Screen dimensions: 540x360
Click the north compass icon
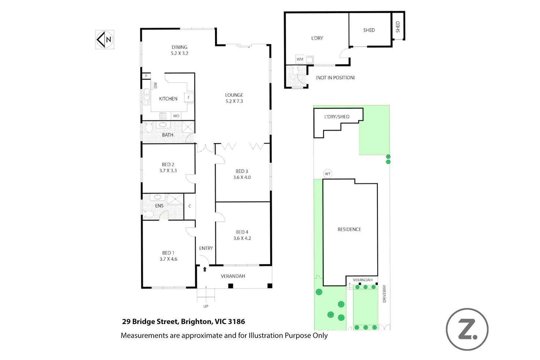[x=105, y=40]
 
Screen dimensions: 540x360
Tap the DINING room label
[x=179, y=47]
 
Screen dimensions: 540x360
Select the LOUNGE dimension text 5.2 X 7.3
[x=234, y=101]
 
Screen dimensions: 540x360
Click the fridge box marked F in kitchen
[x=189, y=97]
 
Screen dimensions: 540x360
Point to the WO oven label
[x=176, y=116]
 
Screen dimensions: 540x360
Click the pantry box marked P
[x=146, y=76]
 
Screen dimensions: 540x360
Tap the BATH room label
[x=168, y=135]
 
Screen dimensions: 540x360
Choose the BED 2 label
[x=168, y=164]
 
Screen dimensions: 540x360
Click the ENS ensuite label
[x=159, y=206]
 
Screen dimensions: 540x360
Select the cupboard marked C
[x=190, y=206]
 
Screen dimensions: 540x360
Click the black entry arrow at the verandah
[x=205, y=269]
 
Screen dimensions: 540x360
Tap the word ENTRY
[x=206, y=248]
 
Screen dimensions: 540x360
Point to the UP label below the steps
[x=206, y=306]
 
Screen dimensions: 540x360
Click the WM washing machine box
[x=300, y=59]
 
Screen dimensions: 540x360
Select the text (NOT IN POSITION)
[x=335, y=78]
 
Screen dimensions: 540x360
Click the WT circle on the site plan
[x=328, y=174]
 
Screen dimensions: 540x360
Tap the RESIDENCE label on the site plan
[x=349, y=229]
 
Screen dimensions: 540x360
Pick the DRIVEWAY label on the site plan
[x=384, y=294]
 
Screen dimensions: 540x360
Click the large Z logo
[x=467, y=330]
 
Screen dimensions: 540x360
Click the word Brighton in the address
[x=197, y=322]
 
